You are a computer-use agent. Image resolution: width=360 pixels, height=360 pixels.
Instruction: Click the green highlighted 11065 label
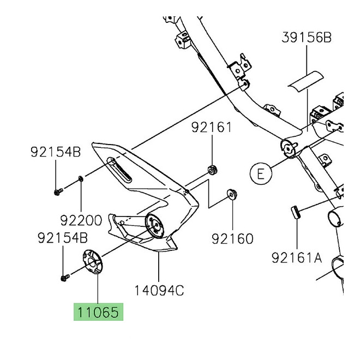[x=99, y=313]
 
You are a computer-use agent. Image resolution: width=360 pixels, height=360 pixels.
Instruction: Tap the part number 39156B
[x=307, y=38]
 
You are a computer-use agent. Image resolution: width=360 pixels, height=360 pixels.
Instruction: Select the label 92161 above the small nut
[x=211, y=128]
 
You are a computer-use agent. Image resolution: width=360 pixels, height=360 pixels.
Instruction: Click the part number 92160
[x=232, y=238]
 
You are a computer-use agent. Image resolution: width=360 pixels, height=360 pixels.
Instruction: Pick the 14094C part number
[x=158, y=290]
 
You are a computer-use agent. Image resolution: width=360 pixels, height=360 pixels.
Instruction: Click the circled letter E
[x=260, y=173]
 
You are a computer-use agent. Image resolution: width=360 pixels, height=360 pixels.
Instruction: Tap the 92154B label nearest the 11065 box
[x=62, y=238]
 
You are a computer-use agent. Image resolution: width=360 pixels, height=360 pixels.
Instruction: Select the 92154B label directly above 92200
[x=55, y=152]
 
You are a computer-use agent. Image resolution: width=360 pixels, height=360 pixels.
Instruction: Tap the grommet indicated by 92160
[x=231, y=194]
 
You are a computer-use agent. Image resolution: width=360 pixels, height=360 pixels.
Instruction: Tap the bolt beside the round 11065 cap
[x=64, y=278]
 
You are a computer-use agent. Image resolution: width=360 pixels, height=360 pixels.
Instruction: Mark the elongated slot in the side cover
[x=119, y=171]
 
